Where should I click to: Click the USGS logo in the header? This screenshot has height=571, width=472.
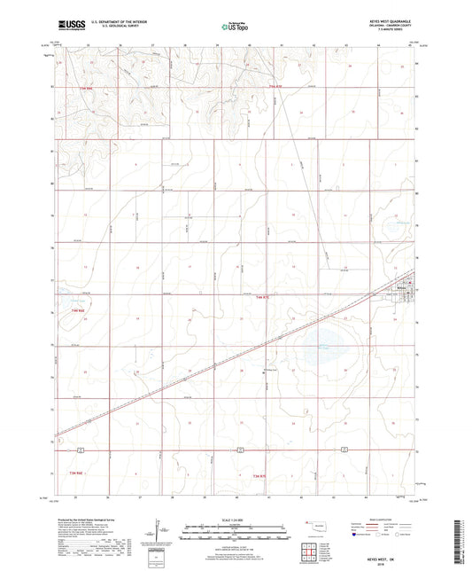pyautogui.click(x=67, y=27)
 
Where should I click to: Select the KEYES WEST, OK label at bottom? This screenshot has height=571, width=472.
pyautogui.click(x=391, y=520)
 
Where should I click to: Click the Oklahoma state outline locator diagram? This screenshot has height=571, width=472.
pyautogui.click(x=312, y=527)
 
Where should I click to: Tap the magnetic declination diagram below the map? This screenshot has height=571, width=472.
pyautogui.click(x=158, y=536)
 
